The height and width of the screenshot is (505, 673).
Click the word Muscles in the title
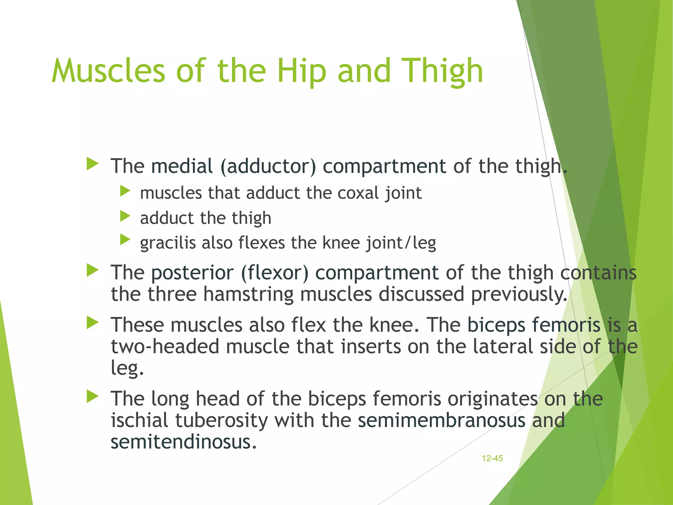point(108,70)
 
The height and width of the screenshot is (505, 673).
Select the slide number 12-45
point(492,458)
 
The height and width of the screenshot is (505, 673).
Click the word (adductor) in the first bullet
point(268,166)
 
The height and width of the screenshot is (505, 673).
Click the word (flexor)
point(275,273)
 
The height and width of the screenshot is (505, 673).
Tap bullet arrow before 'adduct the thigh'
point(125,216)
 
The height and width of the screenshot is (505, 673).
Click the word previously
point(519,294)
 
